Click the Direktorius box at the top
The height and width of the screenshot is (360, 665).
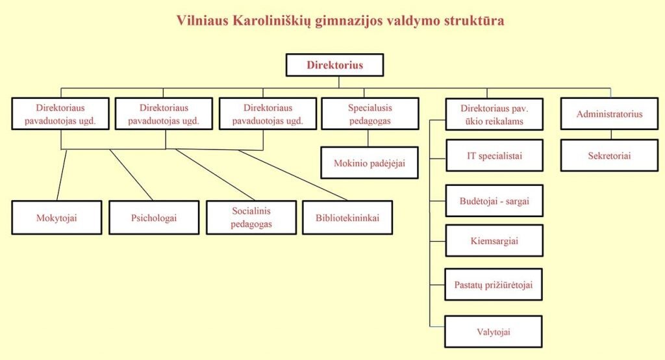click(334, 65)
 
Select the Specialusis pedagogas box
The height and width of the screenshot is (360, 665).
click(370, 114)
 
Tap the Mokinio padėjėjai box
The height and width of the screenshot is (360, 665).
click(370, 163)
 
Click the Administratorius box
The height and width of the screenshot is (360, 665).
click(609, 114)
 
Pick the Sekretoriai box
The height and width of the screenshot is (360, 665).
click(609, 156)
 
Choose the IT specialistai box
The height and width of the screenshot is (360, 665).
click(494, 156)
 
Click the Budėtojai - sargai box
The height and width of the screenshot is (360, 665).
click(494, 201)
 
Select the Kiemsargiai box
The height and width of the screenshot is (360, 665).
click(494, 241)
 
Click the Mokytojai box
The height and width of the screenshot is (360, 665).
click(56, 218)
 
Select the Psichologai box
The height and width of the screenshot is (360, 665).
click(154, 218)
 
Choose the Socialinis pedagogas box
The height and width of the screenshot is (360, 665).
click(251, 218)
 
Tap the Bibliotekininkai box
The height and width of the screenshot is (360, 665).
click(347, 218)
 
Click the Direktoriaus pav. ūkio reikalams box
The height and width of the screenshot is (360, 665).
click(494, 114)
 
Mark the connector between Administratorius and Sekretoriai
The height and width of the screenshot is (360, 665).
click(610, 135)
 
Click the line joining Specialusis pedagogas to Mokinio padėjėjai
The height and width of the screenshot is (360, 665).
click(369, 138)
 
